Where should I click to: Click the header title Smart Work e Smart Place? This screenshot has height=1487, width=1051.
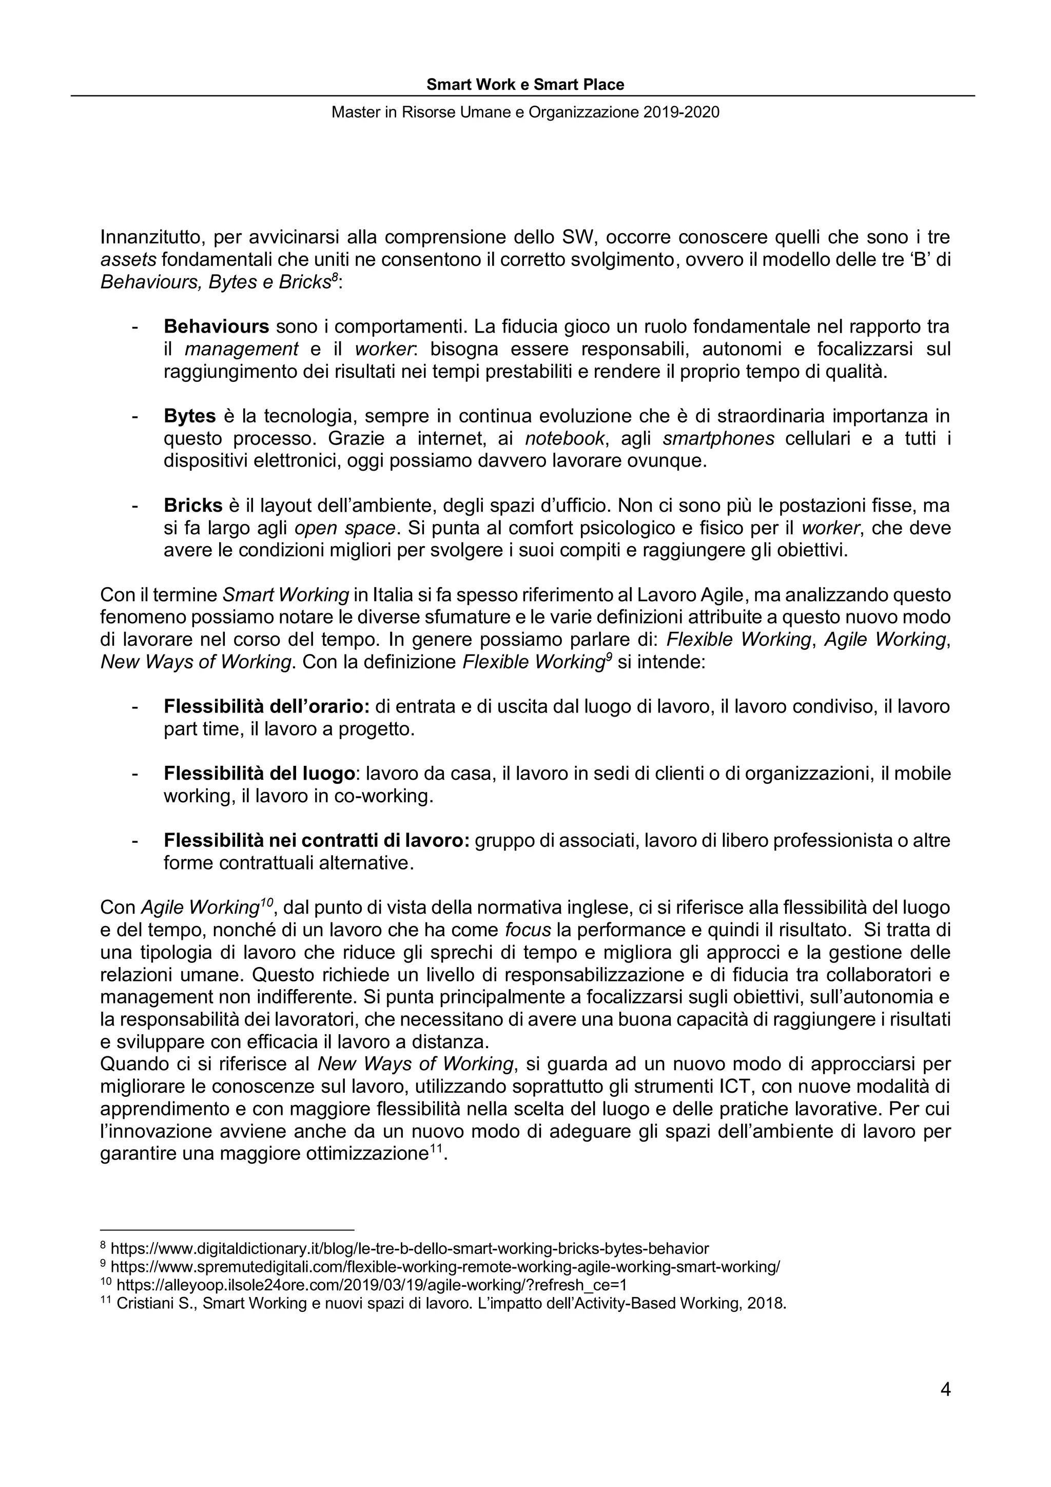[x=525, y=85]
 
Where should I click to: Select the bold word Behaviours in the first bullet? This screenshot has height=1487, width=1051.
[x=216, y=326]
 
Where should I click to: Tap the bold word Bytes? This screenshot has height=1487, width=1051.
[x=190, y=416]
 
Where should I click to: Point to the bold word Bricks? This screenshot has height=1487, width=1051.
[x=193, y=505]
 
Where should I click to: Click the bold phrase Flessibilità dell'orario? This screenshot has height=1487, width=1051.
[x=265, y=706]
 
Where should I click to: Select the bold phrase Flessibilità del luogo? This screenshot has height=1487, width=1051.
[x=259, y=774]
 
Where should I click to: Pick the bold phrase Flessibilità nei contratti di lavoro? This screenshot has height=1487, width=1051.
[x=316, y=841]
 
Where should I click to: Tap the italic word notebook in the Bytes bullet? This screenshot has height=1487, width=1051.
[x=565, y=438]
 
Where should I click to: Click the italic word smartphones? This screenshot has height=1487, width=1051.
[x=718, y=438]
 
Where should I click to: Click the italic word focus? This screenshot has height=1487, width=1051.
[x=528, y=931]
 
